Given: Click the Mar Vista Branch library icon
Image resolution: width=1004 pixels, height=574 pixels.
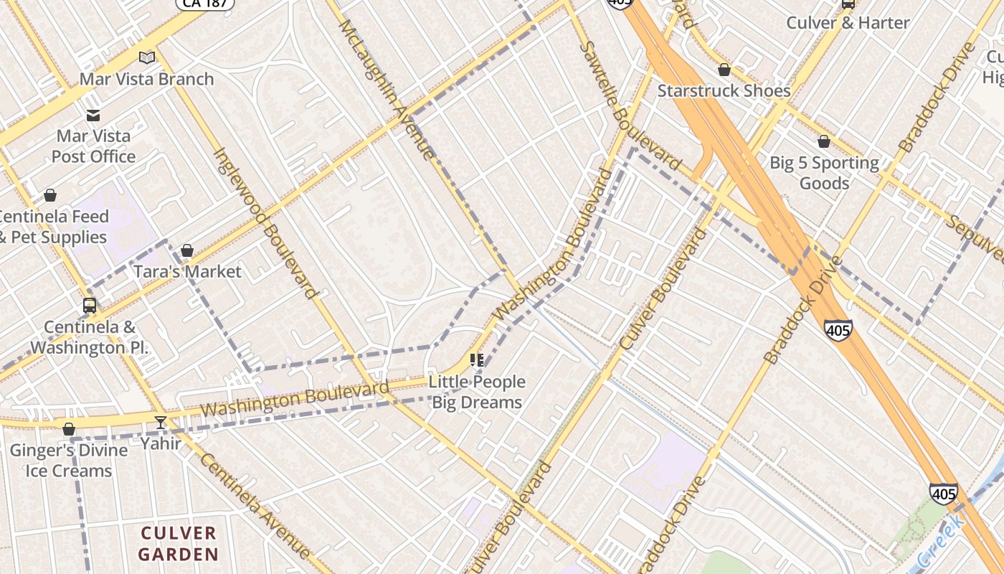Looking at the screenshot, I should pos(147,57).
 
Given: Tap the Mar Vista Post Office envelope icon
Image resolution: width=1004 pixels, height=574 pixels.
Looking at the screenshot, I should pos(93,115).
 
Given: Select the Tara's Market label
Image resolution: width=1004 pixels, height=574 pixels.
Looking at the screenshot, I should pos(188,271).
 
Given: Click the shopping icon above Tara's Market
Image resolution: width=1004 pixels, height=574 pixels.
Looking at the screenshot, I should pos(187,250).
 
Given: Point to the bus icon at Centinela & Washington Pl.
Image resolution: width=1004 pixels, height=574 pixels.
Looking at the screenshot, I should pos(90,306).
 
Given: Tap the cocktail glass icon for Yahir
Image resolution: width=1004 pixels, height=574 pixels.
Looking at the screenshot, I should pos(161,422).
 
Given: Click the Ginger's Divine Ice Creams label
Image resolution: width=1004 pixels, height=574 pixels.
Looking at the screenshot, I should pos(69,461).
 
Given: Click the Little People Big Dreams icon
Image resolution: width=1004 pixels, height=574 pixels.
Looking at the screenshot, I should pos(477,360).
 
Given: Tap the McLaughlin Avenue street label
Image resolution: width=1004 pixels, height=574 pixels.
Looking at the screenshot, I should pos(387,89).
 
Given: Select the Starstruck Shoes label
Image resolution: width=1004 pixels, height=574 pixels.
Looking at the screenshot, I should pos(724,90).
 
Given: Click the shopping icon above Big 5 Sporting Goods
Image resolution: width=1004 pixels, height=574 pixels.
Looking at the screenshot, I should pos(824,142).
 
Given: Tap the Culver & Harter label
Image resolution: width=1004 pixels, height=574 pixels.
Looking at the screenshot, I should pos(848,22).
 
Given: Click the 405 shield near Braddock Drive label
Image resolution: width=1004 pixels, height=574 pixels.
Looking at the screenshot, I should pos(838,329).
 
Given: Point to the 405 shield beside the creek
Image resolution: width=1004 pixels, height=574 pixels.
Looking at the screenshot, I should pos(943,494).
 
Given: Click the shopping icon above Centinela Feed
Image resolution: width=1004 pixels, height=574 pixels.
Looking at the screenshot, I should pos(50,195).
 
